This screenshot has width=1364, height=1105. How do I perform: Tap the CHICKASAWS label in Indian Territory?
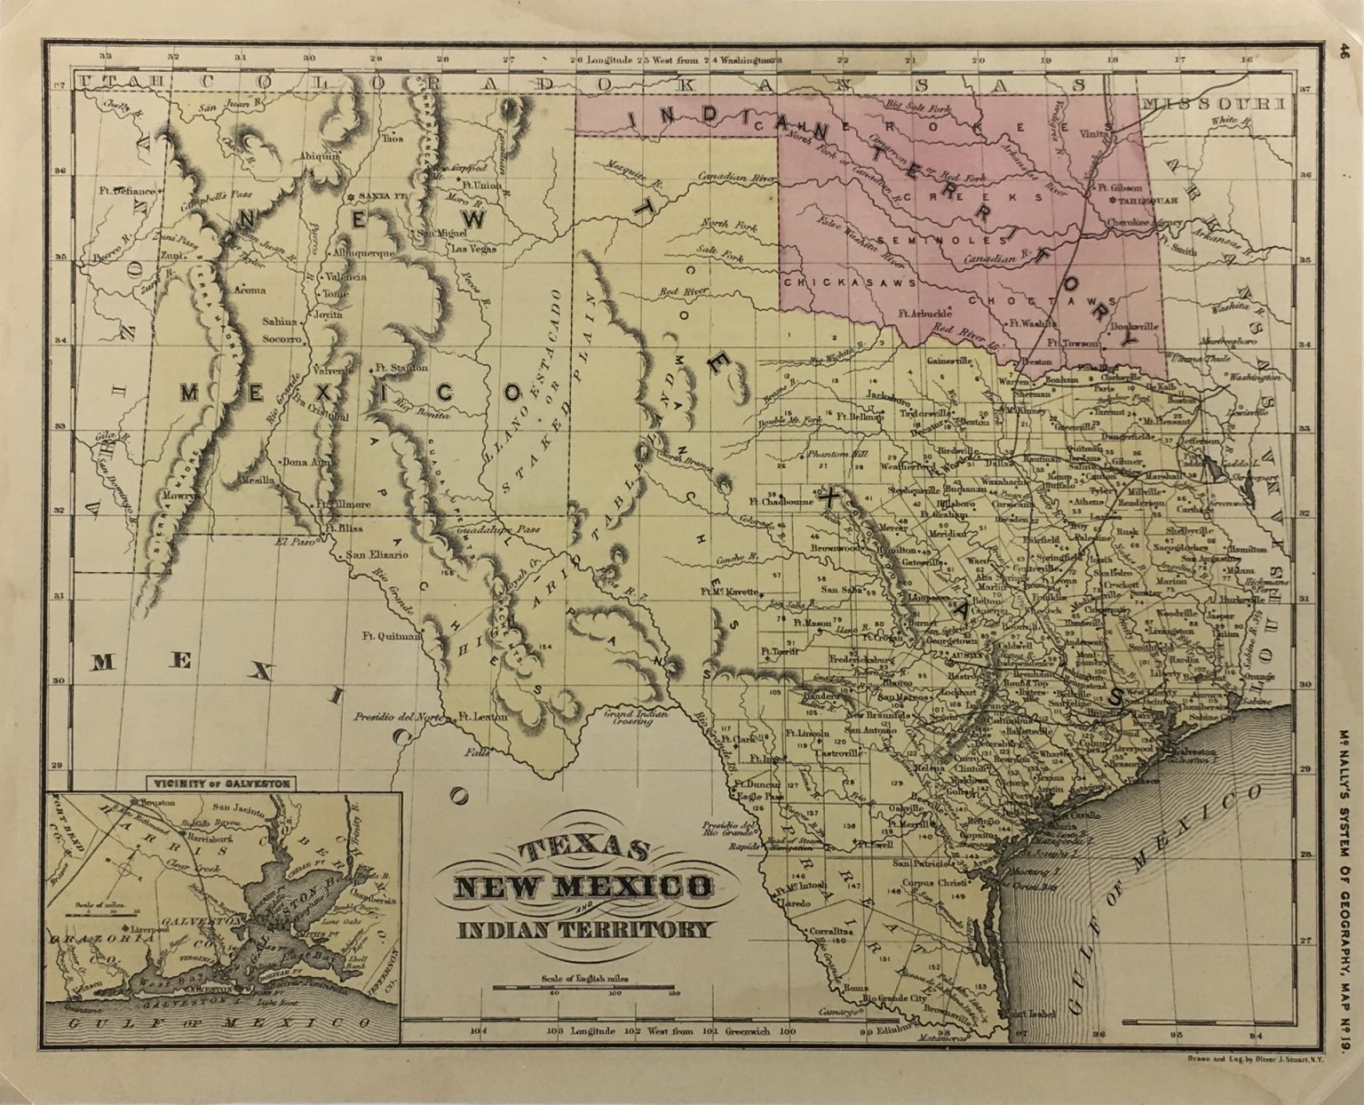click(825, 281)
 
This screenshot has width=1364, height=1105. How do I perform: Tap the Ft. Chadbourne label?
click(781, 502)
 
